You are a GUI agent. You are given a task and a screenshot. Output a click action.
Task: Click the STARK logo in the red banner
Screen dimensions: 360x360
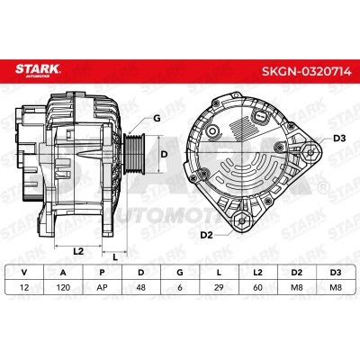38,70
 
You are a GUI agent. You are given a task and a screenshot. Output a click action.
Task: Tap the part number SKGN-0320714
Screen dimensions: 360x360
306,71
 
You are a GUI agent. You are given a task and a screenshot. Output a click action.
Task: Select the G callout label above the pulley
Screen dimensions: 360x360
157,119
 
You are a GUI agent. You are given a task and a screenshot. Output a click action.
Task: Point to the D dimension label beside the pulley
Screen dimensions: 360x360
164,155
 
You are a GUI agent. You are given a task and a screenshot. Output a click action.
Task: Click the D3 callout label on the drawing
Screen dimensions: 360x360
339,139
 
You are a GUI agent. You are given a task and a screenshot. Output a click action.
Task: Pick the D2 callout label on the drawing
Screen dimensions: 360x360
206,235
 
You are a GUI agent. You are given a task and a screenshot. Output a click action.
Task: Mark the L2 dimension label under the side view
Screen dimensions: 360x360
78,251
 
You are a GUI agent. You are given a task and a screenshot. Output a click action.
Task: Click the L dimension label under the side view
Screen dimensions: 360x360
115,256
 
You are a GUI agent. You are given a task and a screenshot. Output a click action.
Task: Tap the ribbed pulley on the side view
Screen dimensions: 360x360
134,154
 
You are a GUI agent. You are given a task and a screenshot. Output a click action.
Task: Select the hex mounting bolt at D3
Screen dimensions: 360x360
310,152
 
